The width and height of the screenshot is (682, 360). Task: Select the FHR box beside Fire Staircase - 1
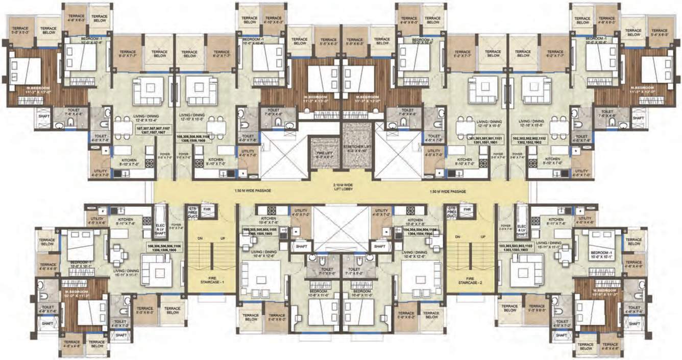pos(207,210)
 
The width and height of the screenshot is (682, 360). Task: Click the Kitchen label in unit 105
pos(267,220)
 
